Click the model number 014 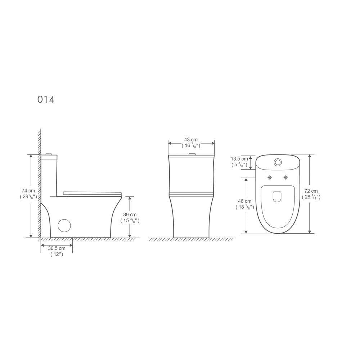pos(46,99)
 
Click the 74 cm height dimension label pos(28,191)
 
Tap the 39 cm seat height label pos(130,215)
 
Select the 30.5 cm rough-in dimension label pos(57,248)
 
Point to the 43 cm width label pos(191,140)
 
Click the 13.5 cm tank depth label pos(239,159)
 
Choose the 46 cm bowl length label pos(244,201)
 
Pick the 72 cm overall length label pos(311,191)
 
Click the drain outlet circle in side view pos(64,225)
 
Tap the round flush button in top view pos(278,162)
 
